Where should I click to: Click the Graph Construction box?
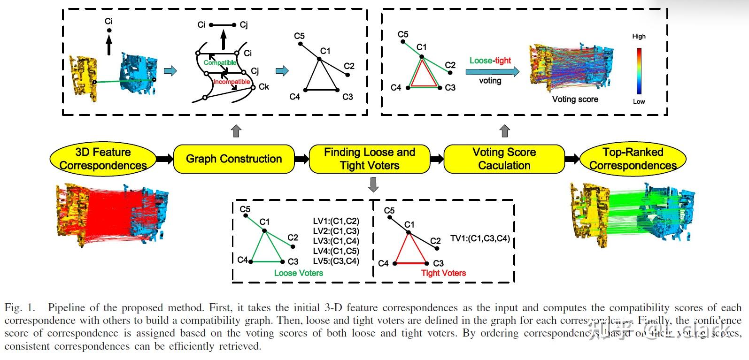tap(234, 159)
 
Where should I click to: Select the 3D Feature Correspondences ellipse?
tap(103, 159)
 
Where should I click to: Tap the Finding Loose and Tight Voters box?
tap(370, 159)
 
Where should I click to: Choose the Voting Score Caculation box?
tap(504, 159)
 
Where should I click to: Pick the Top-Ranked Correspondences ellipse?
tap(633, 159)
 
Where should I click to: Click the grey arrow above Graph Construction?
tap(236, 131)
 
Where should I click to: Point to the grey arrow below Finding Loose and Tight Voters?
tap(373, 185)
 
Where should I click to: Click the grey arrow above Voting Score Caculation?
tap(505, 131)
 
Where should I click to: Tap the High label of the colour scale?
tap(639, 36)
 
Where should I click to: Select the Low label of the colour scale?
tap(639, 101)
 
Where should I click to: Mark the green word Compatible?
tap(220, 62)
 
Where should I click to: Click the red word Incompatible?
tap(232, 82)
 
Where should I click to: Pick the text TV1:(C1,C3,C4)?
tap(480, 238)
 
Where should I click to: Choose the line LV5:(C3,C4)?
tap(336, 261)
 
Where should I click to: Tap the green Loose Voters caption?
tap(299, 273)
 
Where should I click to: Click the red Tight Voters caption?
tap(443, 273)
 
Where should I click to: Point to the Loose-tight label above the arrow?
tap(490, 61)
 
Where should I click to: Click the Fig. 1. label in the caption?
tap(20, 308)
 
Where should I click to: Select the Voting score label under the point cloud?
tap(575, 99)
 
